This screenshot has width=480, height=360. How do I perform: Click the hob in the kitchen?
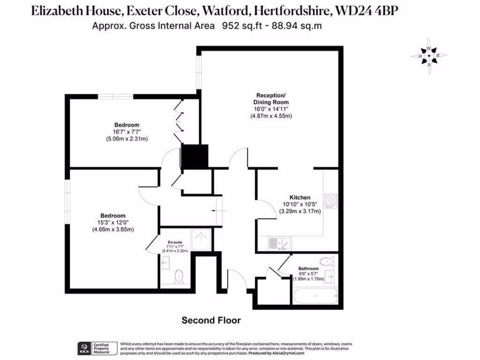point(330,201)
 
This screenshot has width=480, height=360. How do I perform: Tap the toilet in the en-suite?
point(178,277)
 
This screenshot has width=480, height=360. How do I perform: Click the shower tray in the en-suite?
point(202,238)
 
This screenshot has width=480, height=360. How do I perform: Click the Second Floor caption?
point(211,321)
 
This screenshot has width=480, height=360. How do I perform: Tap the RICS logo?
point(84,348)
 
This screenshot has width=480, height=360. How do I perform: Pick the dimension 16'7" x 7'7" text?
point(127,132)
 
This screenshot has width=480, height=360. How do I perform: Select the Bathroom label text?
point(308,269)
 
